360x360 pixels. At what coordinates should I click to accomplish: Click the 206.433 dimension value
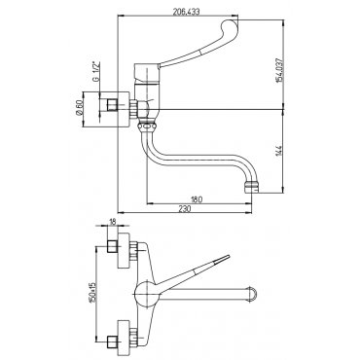186,12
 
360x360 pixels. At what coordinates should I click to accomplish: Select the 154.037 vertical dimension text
279,71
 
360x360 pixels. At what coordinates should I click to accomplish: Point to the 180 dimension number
197,199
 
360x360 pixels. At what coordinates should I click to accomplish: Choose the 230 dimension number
184,209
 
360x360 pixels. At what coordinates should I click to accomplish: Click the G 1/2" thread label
96,71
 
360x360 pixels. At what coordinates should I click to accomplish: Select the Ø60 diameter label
79,108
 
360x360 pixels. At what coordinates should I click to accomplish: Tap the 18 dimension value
112,222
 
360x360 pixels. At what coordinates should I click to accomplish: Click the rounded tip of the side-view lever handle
230,26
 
